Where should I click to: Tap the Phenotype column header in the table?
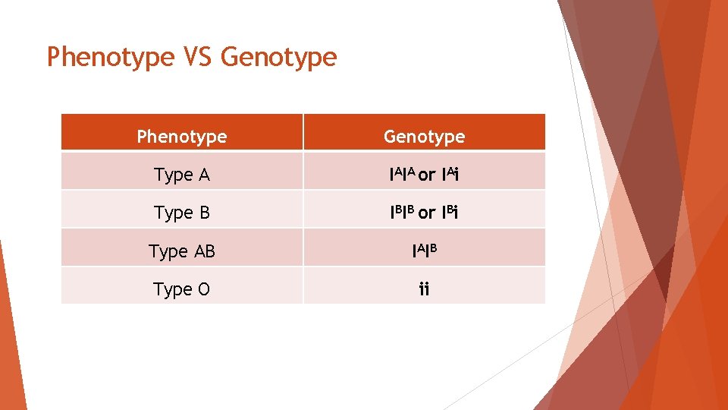[x=182, y=137]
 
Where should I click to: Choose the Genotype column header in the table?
[x=424, y=137]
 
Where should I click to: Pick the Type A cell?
[x=182, y=175]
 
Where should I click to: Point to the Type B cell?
[x=182, y=213]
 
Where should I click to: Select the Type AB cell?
[x=182, y=251]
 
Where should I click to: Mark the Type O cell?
[x=182, y=289]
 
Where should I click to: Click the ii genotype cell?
[x=424, y=289]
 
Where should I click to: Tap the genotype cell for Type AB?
[x=424, y=251]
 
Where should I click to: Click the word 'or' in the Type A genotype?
[x=427, y=175]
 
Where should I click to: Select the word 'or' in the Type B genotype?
[x=427, y=213]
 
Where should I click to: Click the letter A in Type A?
[x=203, y=175]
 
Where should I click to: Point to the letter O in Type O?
[x=204, y=289]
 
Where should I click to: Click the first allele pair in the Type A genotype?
[x=402, y=175]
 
